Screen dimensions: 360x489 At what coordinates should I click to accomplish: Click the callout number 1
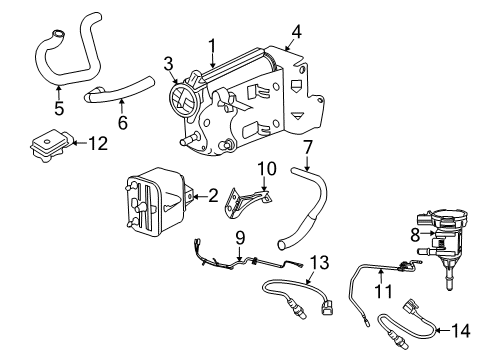click(212, 45)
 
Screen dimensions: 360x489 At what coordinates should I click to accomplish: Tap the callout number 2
click(213, 196)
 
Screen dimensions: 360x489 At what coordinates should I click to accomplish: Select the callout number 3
click(169, 64)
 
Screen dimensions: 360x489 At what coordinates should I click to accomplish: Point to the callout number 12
click(97, 144)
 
